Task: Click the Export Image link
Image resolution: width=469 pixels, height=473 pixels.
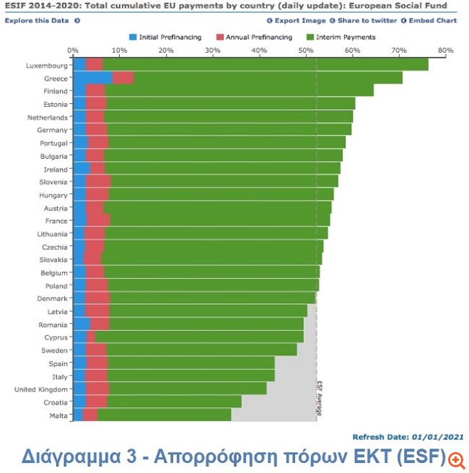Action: [299, 20]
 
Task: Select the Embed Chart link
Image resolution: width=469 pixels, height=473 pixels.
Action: [432, 20]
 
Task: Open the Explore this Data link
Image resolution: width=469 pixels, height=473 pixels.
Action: [38, 20]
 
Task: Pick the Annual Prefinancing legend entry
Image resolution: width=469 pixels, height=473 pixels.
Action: [257, 37]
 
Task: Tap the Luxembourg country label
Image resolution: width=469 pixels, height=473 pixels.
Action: [47, 65]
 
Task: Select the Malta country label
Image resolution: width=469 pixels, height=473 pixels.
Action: [58, 415]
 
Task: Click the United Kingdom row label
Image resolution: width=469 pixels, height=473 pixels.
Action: [41, 389]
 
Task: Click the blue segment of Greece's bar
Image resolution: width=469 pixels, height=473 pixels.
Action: [92, 78]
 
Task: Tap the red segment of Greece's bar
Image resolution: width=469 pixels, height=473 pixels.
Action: [123, 78]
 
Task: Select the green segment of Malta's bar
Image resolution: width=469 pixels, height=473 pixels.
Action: [164, 415]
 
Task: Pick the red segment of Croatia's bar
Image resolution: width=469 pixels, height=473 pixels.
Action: [96, 402]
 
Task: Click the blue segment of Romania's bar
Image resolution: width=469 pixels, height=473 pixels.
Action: [82, 324]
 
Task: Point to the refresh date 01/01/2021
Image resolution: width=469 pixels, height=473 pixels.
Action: [437, 437]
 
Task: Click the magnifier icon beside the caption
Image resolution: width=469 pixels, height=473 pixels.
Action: [456, 458]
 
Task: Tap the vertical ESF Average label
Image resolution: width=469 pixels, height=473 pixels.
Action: [318, 399]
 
